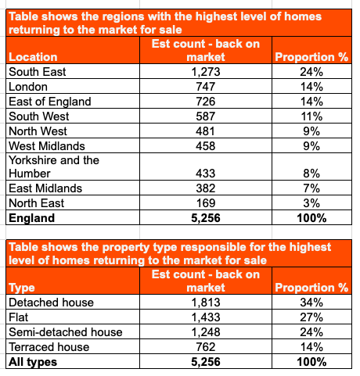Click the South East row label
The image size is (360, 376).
pyautogui.click(x=38, y=72)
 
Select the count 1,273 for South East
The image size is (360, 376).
pyautogui.click(x=206, y=72)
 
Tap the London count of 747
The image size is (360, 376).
pyautogui.click(x=206, y=87)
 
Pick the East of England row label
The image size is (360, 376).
pyautogui.click(x=50, y=102)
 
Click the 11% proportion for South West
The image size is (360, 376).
pyautogui.click(x=311, y=116)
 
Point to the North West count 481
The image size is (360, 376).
pyautogui.click(x=205, y=131)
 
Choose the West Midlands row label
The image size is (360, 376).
pyautogui.click(x=47, y=146)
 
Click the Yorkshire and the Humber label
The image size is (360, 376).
pyautogui.click(x=54, y=167)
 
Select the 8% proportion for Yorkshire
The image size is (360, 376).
pyautogui.click(x=311, y=174)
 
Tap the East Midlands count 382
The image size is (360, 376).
pyautogui.click(x=206, y=188)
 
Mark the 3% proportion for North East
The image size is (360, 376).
pyautogui.click(x=311, y=203)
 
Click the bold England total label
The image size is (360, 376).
pyautogui.click(x=32, y=218)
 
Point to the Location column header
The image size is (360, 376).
pyautogui.click(x=33, y=57)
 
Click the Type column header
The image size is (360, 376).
pyautogui.click(x=22, y=288)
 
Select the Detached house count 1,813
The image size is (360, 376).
pyautogui.click(x=206, y=303)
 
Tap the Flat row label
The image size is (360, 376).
pyautogui.click(x=18, y=317)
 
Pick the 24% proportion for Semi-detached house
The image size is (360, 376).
pyautogui.click(x=311, y=332)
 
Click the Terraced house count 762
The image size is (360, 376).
pyautogui.click(x=206, y=347)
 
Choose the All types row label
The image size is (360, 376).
pyautogui.click(x=33, y=362)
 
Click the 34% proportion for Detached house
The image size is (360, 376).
pyautogui.click(x=311, y=303)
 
